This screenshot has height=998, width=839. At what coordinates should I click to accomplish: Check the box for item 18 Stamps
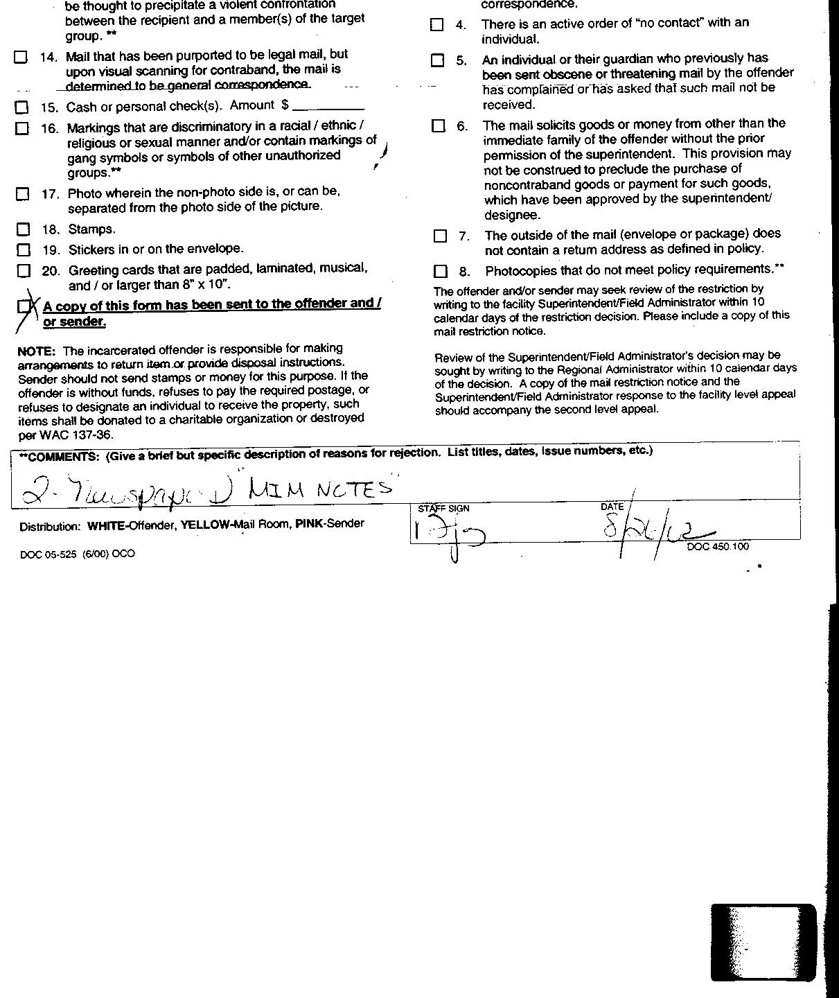24,229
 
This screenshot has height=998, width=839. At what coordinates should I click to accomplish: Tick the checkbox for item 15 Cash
22,107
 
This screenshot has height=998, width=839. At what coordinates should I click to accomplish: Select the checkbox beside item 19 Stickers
24,249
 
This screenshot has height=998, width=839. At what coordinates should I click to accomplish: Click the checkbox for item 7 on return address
440,236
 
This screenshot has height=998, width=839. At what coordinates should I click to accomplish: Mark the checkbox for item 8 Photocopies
441,271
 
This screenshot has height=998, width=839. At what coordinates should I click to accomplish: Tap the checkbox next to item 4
436,25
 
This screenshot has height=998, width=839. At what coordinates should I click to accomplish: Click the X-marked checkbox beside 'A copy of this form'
25,306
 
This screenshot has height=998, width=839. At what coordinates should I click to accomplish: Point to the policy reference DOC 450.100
718,547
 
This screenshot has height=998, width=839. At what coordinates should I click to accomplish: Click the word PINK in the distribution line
310,524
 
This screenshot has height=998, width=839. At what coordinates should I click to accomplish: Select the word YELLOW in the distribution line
205,525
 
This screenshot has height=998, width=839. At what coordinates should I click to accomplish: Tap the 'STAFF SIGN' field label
443,509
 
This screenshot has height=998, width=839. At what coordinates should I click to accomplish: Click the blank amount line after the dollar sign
328,107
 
